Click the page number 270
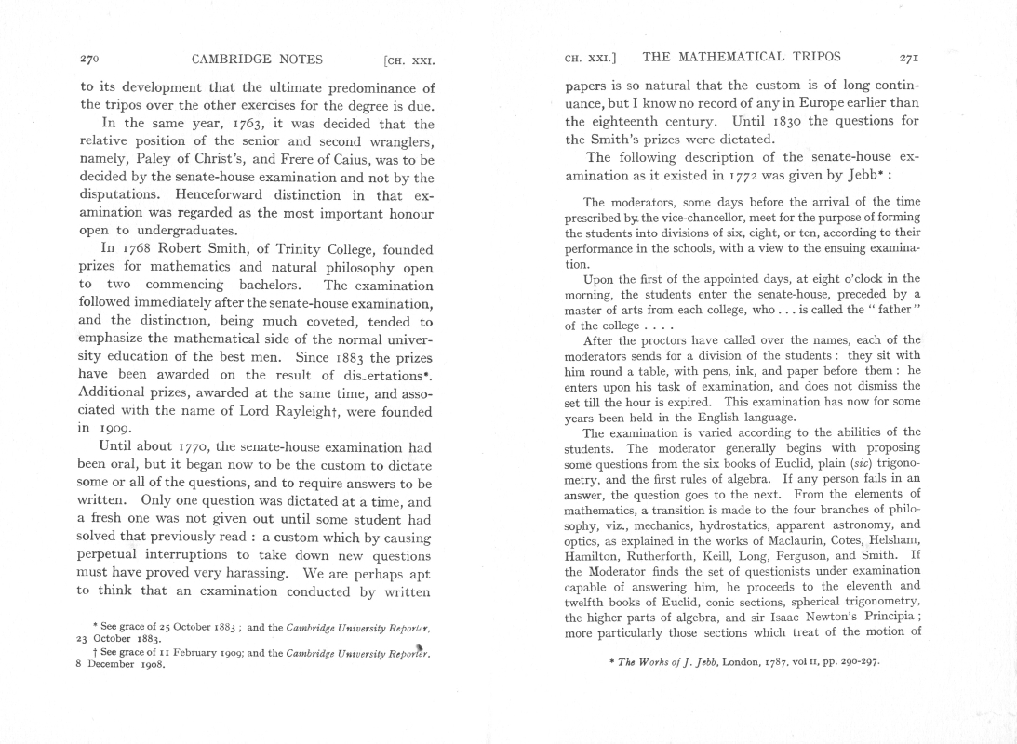click(90, 60)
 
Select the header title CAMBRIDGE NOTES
click(257, 60)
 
